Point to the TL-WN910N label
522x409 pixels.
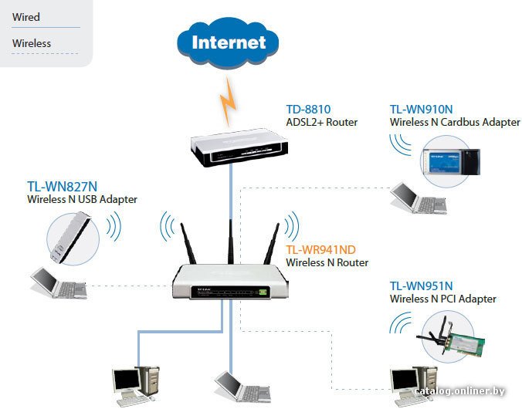tap(421, 110)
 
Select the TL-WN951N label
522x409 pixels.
tap(421, 286)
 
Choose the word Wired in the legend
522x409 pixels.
tap(26, 17)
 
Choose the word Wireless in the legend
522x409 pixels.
tap(32, 43)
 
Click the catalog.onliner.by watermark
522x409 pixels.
tap(467, 393)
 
